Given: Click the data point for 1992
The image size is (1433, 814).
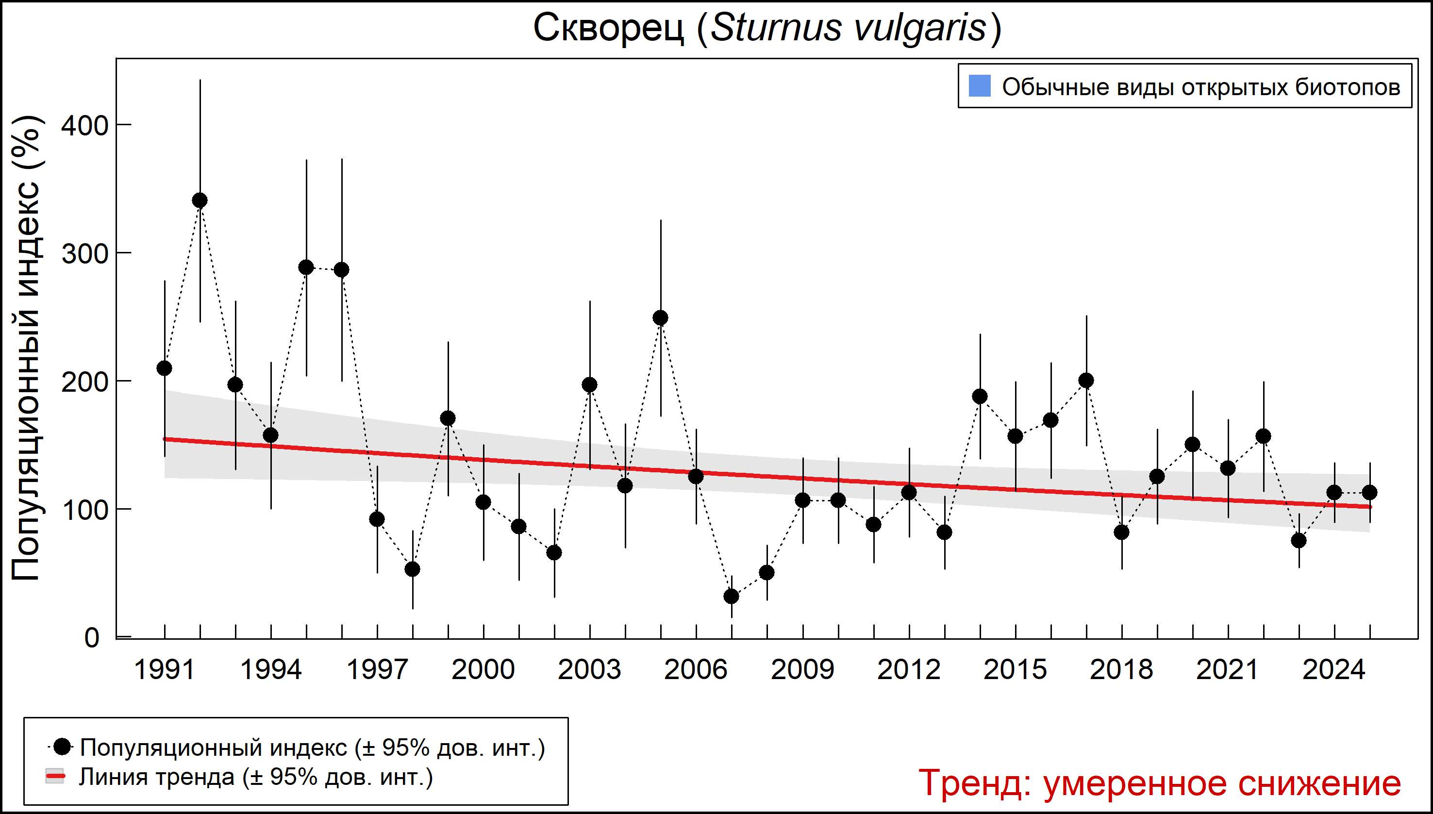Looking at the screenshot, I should click(x=200, y=200).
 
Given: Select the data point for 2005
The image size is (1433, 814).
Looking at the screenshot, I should click(x=660, y=317).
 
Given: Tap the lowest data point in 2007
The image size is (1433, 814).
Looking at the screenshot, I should click(x=732, y=597).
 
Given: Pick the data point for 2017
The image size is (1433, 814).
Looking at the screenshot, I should click(x=1086, y=381).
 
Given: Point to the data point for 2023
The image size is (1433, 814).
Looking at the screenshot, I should click(x=1299, y=541).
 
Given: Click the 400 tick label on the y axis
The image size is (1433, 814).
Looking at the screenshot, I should click(x=84, y=126).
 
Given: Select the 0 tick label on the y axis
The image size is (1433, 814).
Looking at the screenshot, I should click(x=92, y=638).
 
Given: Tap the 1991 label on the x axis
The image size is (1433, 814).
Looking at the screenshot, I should click(x=165, y=670).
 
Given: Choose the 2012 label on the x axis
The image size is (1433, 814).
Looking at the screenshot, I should click(x=909, y=670).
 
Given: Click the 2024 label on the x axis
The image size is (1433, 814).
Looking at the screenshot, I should click(x=1334, y=670).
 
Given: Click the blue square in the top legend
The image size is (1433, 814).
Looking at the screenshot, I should click(x=979, y=86).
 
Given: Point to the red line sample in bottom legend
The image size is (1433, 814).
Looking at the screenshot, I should click(x=55, y=777).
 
